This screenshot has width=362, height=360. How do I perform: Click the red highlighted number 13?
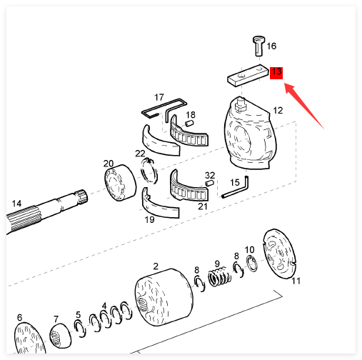click(x=276, y=73)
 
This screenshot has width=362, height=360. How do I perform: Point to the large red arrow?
click(x=305, y=106)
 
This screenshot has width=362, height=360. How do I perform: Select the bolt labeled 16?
click(x=258, y=46)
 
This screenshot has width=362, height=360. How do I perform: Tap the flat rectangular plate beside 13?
click(x=248, y=75)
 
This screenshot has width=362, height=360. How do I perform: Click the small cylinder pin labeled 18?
click(x=189, y=124)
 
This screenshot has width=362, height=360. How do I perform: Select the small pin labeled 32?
click(x=209, y=183)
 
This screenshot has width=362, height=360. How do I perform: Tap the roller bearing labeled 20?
click(x=120, y=182)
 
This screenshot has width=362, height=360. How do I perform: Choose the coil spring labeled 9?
click(x=219, y=276)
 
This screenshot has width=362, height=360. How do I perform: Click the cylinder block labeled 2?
click(x=164, y=297)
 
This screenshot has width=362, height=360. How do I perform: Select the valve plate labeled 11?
click(x=279, y=254)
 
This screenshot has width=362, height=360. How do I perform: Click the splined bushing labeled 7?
click(x=60, y=336)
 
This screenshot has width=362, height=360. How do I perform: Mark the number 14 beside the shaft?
click(x=16, y=204)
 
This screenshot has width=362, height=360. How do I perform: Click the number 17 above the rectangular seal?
click(x=159, y=97)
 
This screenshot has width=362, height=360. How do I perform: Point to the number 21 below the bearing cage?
click(x=203, y=206)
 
